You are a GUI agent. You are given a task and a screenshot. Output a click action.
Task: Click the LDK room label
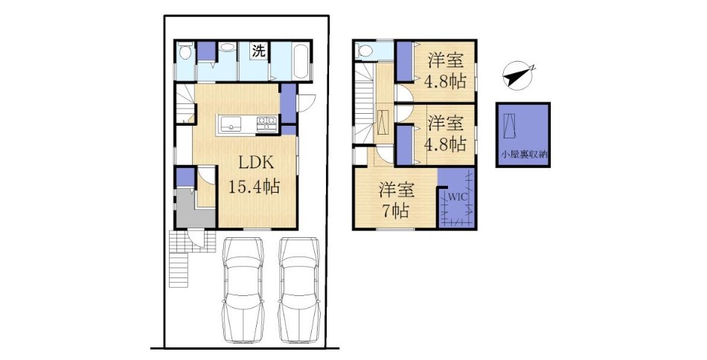pyautogui.click(x=256, y=163)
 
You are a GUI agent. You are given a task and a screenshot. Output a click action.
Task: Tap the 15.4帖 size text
pyautogui.click(x=254, y=186)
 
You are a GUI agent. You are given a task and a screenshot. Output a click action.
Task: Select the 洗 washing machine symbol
pyautogui.click(x=258, y=51)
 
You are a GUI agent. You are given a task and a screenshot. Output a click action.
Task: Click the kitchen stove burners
pyautogui.click(x=266, y=124)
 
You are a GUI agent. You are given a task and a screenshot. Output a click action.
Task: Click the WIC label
pyautogui.click(x=456, y=197)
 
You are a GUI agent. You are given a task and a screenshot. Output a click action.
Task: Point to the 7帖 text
pyautogui.click(x=396, y=210)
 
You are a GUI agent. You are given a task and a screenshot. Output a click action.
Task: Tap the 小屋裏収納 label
pyautogui.click(x=523, y=154)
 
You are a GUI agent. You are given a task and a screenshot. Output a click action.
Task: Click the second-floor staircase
pyautogui.click(x=365, y=103)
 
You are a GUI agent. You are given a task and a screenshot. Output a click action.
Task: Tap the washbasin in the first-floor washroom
pyautogui.click(x=228, y=48)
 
